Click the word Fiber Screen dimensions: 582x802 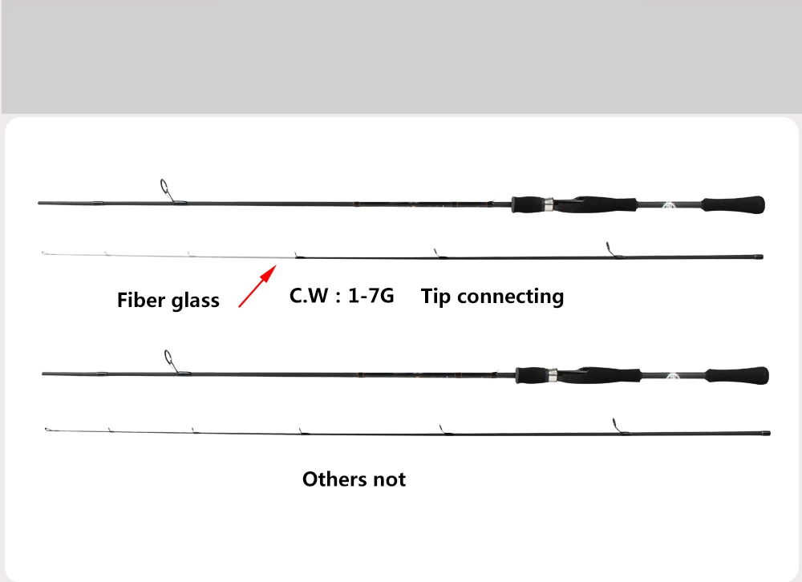pos(142,301)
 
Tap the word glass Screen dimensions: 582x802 pos(194,301)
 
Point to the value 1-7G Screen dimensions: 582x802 pos(371,296)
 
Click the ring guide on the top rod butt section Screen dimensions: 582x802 pos(166,189)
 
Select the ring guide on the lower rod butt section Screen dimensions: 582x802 pos(169,358)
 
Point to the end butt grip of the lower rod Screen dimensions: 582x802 pos(737,374)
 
